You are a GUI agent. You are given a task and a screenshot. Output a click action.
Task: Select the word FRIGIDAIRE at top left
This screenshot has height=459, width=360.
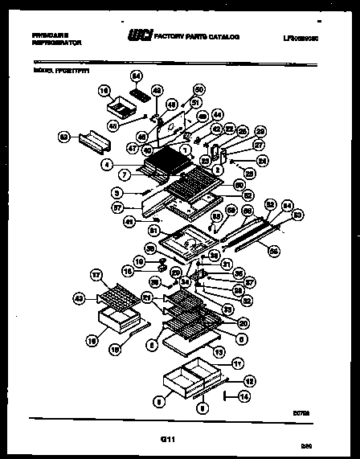point(50,35)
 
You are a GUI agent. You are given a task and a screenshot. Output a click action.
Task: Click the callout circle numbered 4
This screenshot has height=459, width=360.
point(107,164)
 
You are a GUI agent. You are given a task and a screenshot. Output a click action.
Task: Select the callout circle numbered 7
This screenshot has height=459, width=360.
point(125,175)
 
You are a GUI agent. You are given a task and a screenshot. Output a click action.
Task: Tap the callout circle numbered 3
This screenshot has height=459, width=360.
point(117,193)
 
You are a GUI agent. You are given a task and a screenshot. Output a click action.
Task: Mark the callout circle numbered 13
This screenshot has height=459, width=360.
point(218,352)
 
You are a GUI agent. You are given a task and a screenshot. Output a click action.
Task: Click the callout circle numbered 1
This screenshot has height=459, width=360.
point(186,149)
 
